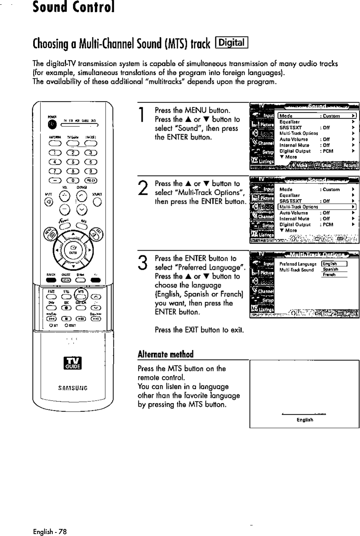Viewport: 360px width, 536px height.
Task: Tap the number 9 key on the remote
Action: point(90,170)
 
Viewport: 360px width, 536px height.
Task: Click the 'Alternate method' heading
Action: point(166,354)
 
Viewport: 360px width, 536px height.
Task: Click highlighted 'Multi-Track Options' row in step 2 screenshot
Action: point(318,207)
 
